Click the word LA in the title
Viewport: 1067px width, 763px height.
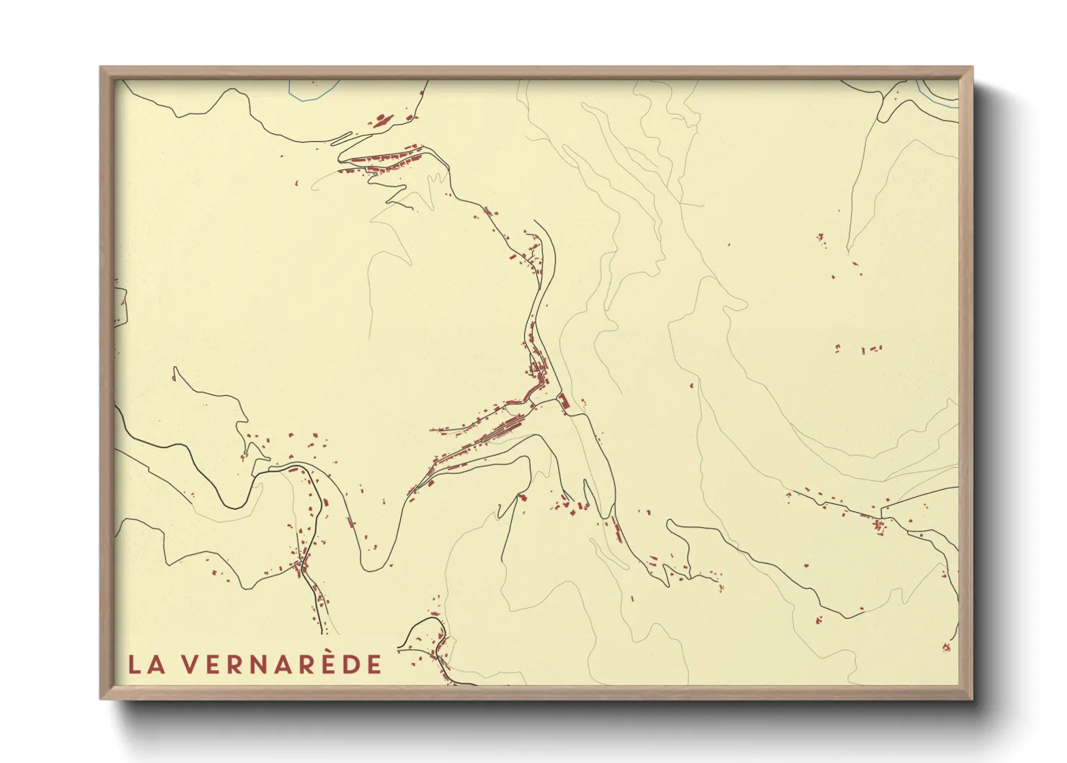146,664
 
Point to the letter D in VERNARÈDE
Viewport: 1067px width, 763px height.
351,664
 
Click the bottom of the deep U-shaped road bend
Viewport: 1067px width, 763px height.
372,568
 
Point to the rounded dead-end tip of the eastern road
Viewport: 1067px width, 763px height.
670,523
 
